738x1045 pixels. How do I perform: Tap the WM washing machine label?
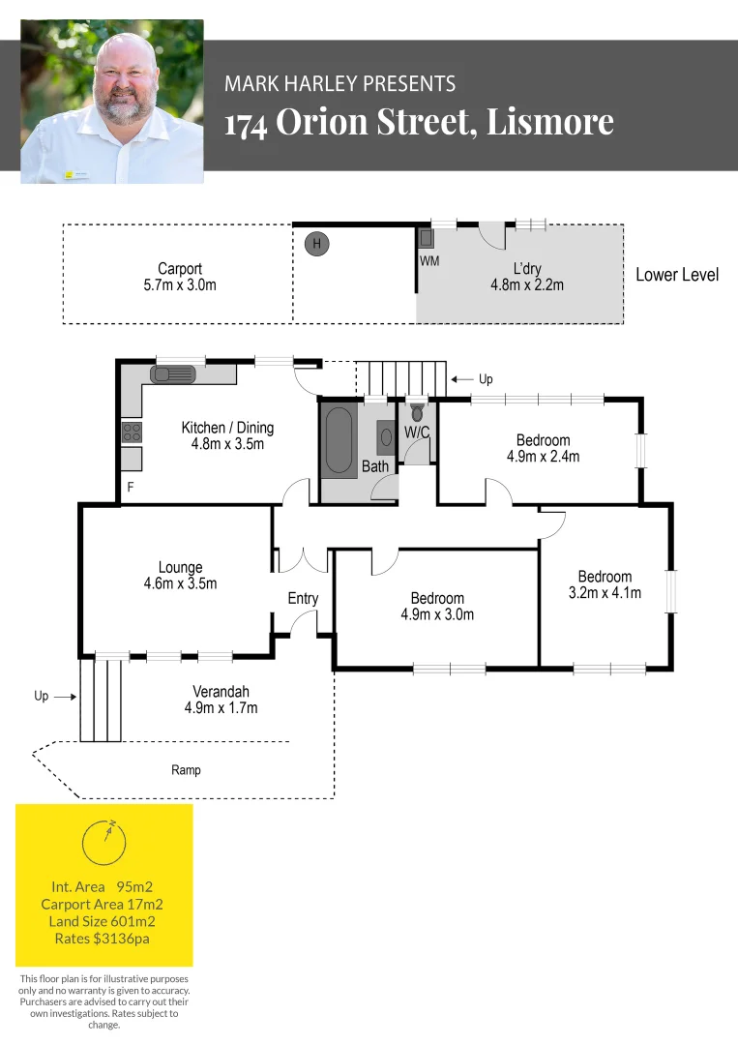(x=429, y=262)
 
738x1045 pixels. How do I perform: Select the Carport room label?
(x=180, y=269)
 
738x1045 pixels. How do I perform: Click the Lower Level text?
(x=677, y=275)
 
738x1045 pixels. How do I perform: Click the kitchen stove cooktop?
(x=132, y=433)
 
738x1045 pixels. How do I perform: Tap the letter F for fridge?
(x=130, y=488)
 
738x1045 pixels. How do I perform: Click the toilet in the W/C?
(x=418, y=412)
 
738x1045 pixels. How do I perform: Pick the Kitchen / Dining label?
(x=227, y=428)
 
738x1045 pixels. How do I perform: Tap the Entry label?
(x=303, y=599)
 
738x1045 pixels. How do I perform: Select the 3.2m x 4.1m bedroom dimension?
(x=605, y=593)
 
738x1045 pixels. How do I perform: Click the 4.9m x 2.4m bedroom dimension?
(x=543, y=457)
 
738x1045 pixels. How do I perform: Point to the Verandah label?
(x=221, y=692)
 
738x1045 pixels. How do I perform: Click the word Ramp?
(x=187, y=770)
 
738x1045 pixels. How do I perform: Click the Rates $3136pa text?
(x=102, y=938)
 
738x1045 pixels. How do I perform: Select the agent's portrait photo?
(x=112, y=102)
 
